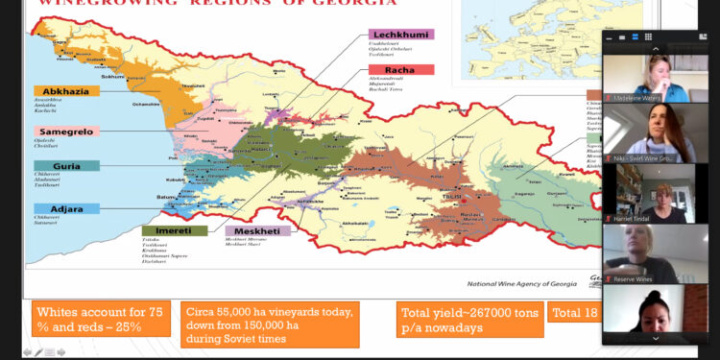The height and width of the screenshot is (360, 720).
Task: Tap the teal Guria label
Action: [63, 165]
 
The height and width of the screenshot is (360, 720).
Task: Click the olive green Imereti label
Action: [175, 230]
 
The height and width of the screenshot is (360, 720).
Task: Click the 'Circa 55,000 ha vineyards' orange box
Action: [269, 324]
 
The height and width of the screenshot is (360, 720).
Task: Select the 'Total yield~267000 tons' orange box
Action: [468, 320]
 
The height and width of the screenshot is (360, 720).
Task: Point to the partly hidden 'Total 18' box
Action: [572, 312]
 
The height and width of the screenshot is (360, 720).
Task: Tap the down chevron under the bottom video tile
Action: [655, 338]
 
